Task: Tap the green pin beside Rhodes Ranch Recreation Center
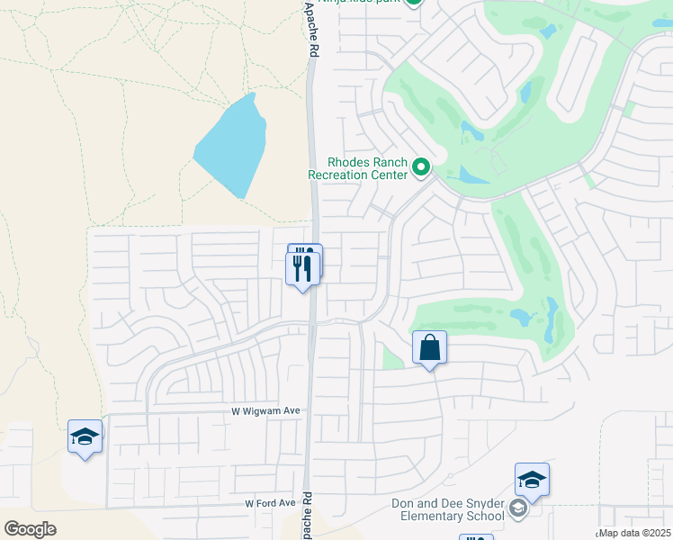(420, 166)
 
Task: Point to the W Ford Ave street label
(270, 503)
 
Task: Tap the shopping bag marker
(430, 347)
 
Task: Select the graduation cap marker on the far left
(85, 436)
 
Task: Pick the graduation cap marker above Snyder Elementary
(532, 480)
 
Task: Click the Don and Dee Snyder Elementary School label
(448, 509)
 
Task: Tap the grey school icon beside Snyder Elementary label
(517, 509)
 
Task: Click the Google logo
(30, 528)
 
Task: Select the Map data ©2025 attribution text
(635, 533)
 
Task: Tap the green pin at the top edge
(413, 3)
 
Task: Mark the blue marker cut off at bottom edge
(476, 536)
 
